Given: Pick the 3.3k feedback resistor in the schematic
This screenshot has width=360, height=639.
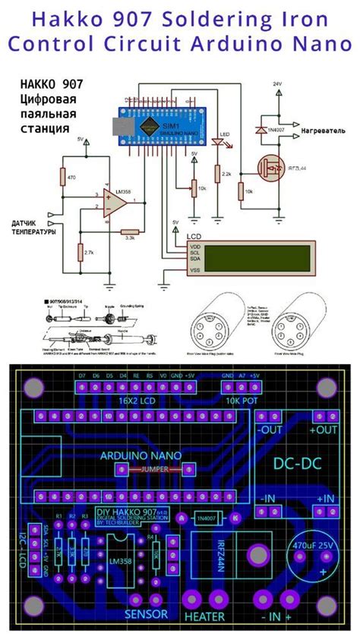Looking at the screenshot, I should [130, 231].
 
